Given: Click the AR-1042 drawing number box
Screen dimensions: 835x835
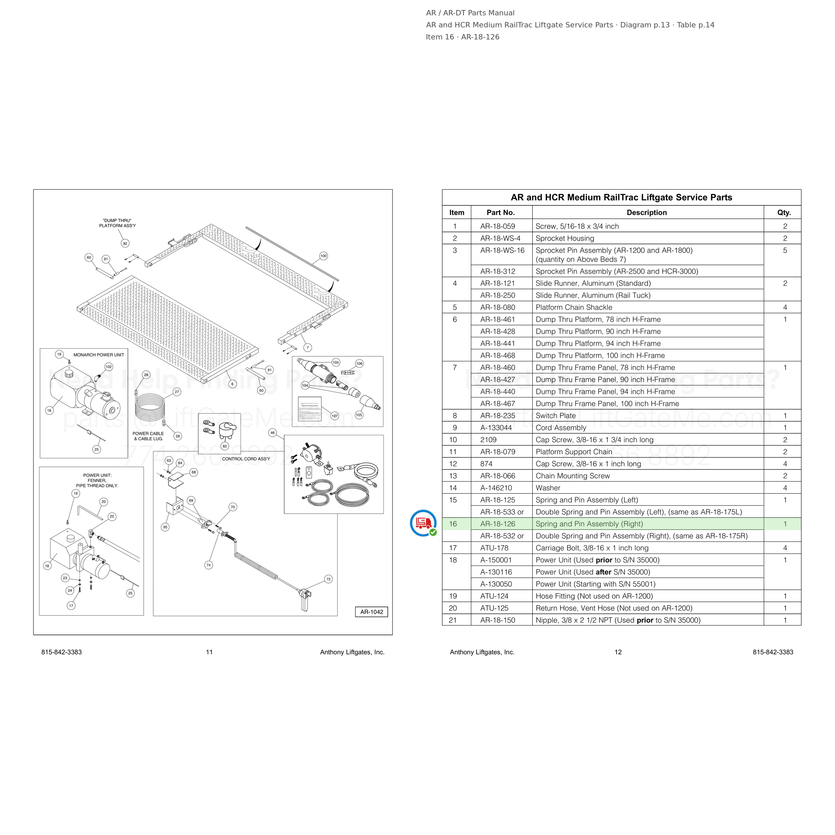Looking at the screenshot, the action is [x=371, y=612].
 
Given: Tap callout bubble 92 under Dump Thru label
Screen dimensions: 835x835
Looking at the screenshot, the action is [x=125, y=243].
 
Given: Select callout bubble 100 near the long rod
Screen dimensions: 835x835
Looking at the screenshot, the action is [x=323, y=256].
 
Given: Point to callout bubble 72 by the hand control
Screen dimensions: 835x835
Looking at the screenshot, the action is [x=328, y=579].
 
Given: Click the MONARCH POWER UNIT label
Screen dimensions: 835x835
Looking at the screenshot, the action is [x=99, y=355].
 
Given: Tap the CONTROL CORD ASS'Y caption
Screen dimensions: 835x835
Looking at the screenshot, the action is [x=246, y=459].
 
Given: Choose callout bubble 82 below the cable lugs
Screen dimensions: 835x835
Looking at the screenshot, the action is [x=225, y=446].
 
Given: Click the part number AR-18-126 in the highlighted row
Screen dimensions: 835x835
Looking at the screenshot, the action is [x=497, y=524].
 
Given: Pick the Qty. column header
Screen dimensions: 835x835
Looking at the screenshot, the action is [x=784, y=213].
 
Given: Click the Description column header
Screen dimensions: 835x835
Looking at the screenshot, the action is [x=647, y=213].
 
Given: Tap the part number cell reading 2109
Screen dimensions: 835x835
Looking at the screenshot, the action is [x=488, y=440].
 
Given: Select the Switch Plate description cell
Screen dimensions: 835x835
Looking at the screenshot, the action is [x=555, y=416].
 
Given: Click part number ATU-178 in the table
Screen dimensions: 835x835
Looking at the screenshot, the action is [x=494, y=548].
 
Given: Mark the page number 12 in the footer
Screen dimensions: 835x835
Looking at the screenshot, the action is [x=618, y=652].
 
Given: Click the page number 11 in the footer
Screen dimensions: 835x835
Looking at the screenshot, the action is [x=209, y=652].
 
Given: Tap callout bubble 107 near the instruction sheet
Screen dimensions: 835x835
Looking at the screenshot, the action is [x=335, y=416].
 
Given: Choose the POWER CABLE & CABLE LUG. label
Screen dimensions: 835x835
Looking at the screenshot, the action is [x=148, y=436].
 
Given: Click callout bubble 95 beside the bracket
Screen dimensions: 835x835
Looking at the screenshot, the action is [x=165, y=527].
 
